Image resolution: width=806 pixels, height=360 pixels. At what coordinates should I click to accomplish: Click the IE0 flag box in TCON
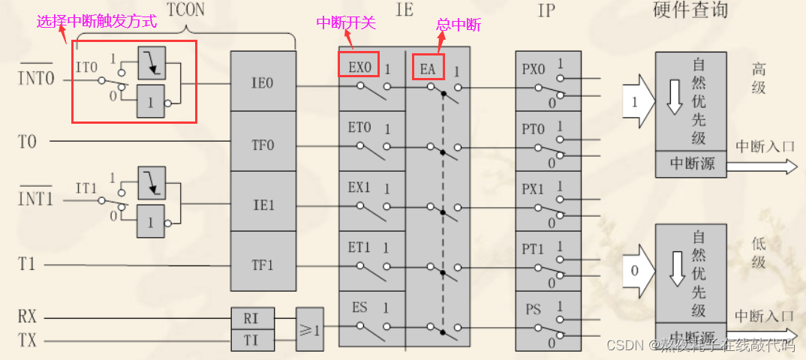pos(263,81)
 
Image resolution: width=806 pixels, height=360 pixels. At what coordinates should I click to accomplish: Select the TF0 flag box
pos(263,141)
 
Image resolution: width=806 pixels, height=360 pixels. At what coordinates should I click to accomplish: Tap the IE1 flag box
pos(263,202)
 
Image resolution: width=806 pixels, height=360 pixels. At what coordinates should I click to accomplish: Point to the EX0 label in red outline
pos(359,65)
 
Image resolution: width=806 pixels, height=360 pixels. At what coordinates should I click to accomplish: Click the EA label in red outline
pos(429,67)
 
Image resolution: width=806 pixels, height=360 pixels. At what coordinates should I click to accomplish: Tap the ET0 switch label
pos(359,127)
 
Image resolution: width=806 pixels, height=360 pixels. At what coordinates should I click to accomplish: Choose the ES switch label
pos(359,307)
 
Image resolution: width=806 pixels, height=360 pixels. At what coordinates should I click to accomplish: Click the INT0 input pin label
pos(36,78)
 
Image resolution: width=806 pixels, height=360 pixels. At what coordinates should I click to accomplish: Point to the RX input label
pos(27,317)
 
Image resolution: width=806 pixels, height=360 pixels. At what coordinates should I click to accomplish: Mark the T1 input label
pos(27,263)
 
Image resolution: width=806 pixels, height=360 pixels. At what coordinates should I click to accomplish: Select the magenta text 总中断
pos(459,25)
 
